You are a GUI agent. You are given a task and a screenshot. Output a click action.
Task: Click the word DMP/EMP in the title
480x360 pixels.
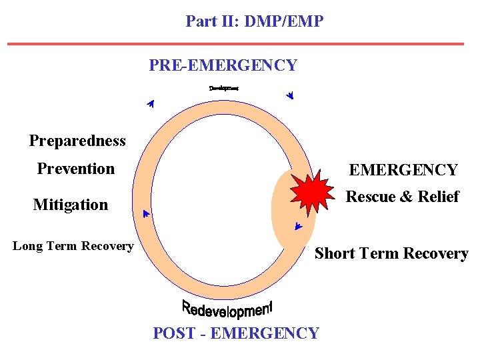(x=284, y=21)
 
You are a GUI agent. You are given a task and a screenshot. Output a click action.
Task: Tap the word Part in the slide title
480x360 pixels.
(x=201, y=21)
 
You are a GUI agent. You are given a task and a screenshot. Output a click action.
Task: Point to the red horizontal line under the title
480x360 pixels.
(x=235, y=44)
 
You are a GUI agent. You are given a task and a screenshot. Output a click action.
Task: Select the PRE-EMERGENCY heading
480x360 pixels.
(x=223, y=65)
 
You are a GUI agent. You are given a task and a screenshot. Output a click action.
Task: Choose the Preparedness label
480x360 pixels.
(x=77, y=141)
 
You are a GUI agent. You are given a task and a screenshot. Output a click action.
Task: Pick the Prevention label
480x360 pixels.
(x=76, y=169)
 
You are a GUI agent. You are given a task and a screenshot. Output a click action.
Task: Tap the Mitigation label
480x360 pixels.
(x=71, y=205)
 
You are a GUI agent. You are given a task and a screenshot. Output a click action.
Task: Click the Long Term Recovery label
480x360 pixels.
(x=73, y=246)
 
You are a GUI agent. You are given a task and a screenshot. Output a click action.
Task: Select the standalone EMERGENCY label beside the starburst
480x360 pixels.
(x=403, y=170)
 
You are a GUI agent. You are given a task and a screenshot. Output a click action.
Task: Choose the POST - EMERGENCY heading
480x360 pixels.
(x=236, y=333)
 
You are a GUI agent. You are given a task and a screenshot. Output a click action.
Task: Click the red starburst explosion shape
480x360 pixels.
(x=311, y=191)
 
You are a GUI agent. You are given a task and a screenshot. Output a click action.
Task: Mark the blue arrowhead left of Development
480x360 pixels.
(x=151, y=103)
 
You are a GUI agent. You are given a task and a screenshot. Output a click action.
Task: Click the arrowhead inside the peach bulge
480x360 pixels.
(x=298, y=227)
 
